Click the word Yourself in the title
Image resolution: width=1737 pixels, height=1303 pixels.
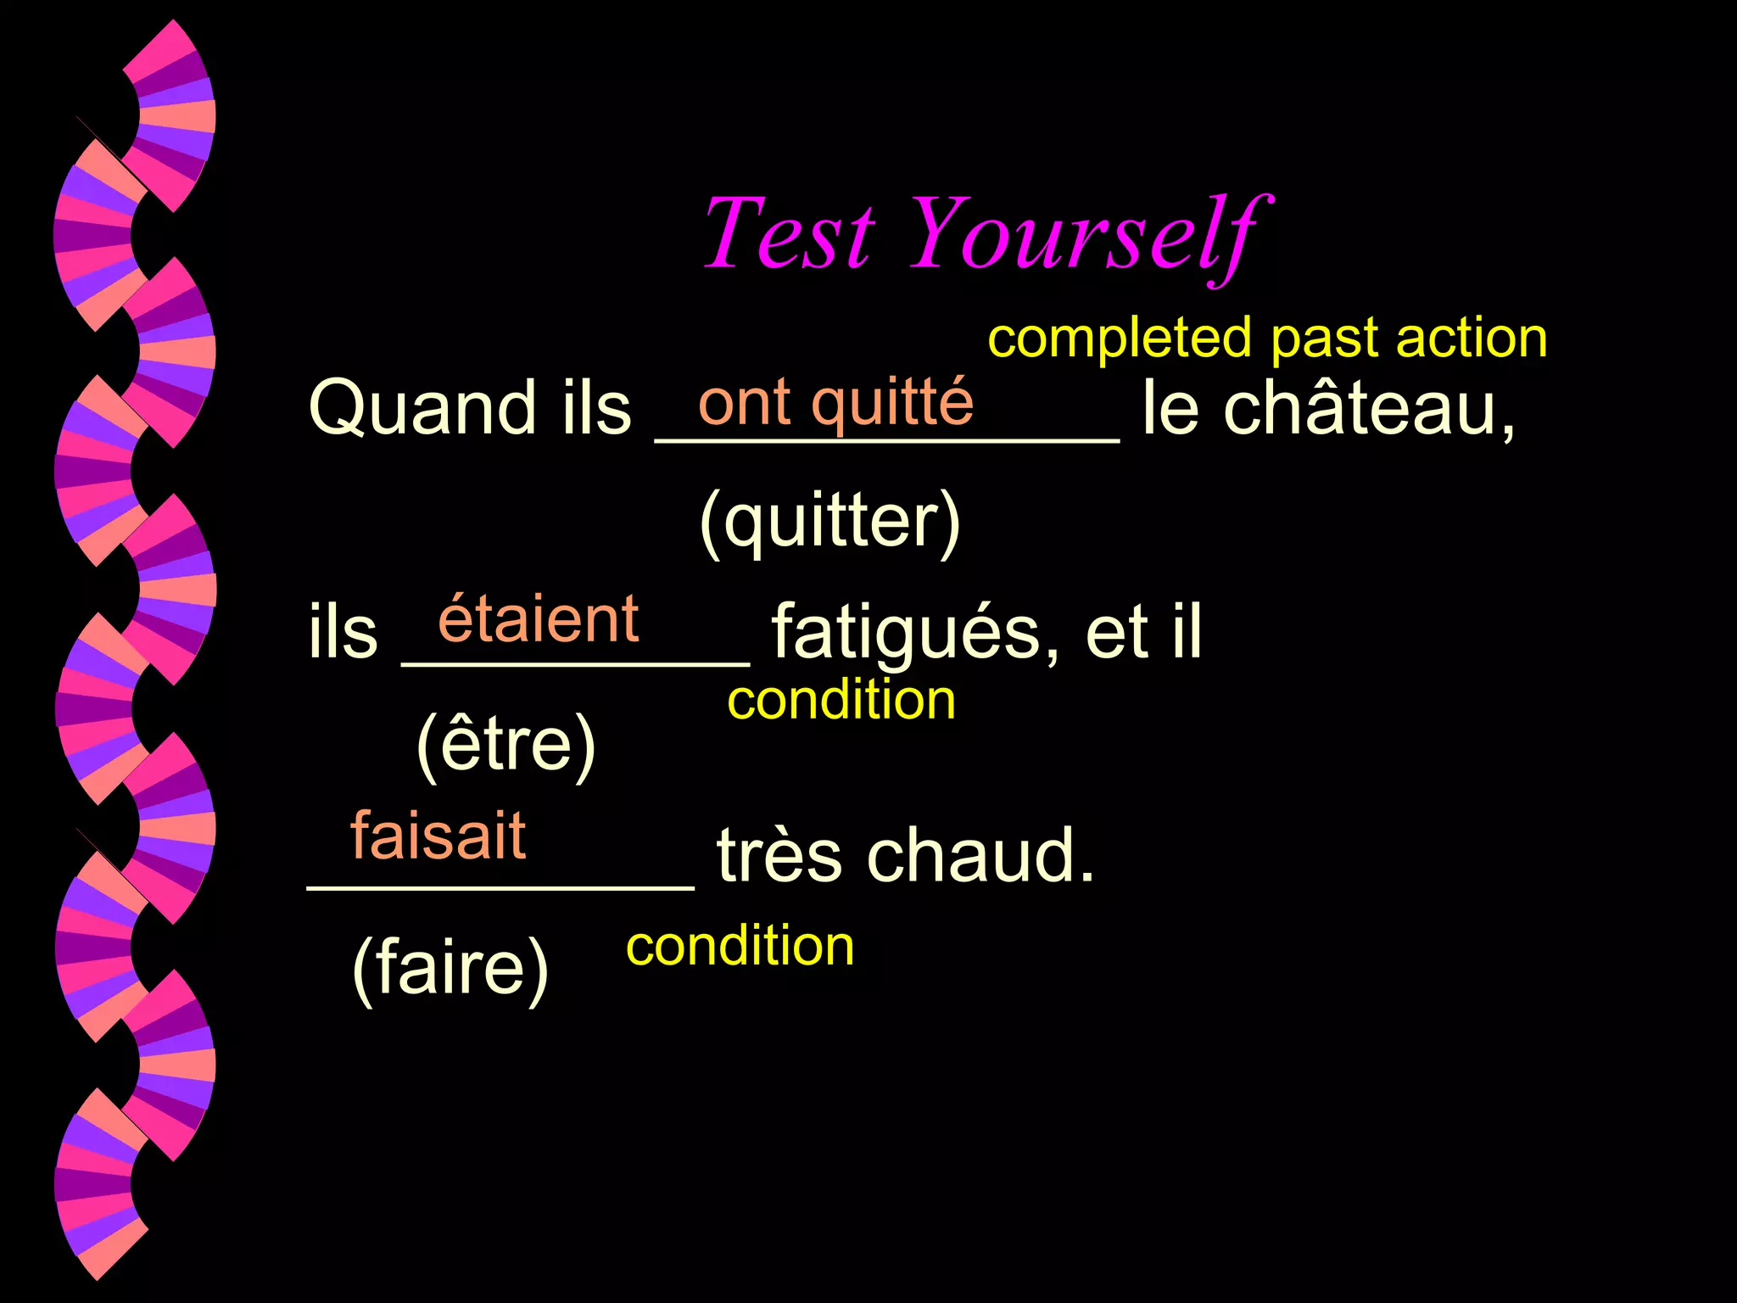[x=1090, y=233]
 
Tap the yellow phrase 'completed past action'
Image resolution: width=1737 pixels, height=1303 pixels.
[x=1267, y=338]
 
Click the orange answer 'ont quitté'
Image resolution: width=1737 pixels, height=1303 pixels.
[x=835, y=403]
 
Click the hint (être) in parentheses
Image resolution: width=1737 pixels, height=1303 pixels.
[x=506, y=744]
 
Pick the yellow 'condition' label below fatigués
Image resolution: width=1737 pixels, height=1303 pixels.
[x=841, y=701]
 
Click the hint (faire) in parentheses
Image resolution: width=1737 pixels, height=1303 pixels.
[x=450, y=968]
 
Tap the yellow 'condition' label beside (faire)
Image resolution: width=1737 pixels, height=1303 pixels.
[x=740, y=946]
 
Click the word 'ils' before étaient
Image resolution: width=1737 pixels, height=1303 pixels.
[x=343, y=634]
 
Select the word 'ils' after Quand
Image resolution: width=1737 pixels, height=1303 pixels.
[x=596, y=409]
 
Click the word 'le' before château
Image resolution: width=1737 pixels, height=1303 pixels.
[x=1170, y=409]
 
